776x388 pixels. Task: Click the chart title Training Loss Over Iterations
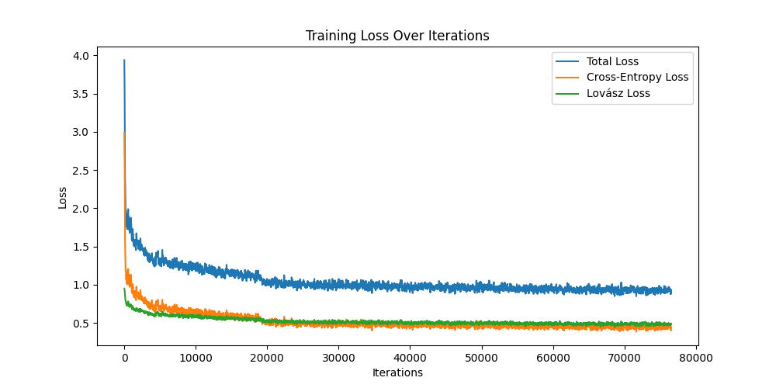tap(397, 36)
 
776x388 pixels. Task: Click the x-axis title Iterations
tap(397, 372)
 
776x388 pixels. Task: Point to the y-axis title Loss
tap(63, 197)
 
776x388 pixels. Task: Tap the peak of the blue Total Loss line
tap(124, 61)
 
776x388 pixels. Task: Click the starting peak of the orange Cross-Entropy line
tap(125, 133)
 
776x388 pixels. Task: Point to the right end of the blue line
tap(671, 291)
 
